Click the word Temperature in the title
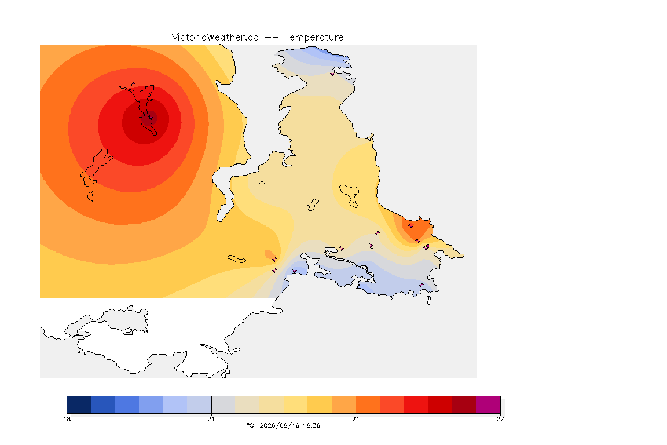point(314,38)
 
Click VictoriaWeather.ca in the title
point(215,38)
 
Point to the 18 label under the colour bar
point(67,419)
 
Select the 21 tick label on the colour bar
point(211,419)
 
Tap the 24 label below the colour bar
point(356,419)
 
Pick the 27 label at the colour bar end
point(500,419)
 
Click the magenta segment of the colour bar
point(488,404)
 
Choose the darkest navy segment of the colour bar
point(79,404)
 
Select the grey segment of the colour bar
point(223,404)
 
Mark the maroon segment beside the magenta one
point(464,404)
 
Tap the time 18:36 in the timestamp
point(311,425)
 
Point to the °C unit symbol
point(250,425)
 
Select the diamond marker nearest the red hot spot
point(134,85)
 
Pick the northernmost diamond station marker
point(333,73)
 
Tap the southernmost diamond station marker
point(422,285)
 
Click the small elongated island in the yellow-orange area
point(237,259)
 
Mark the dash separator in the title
point(272,38)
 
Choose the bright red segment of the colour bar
point(416,404)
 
